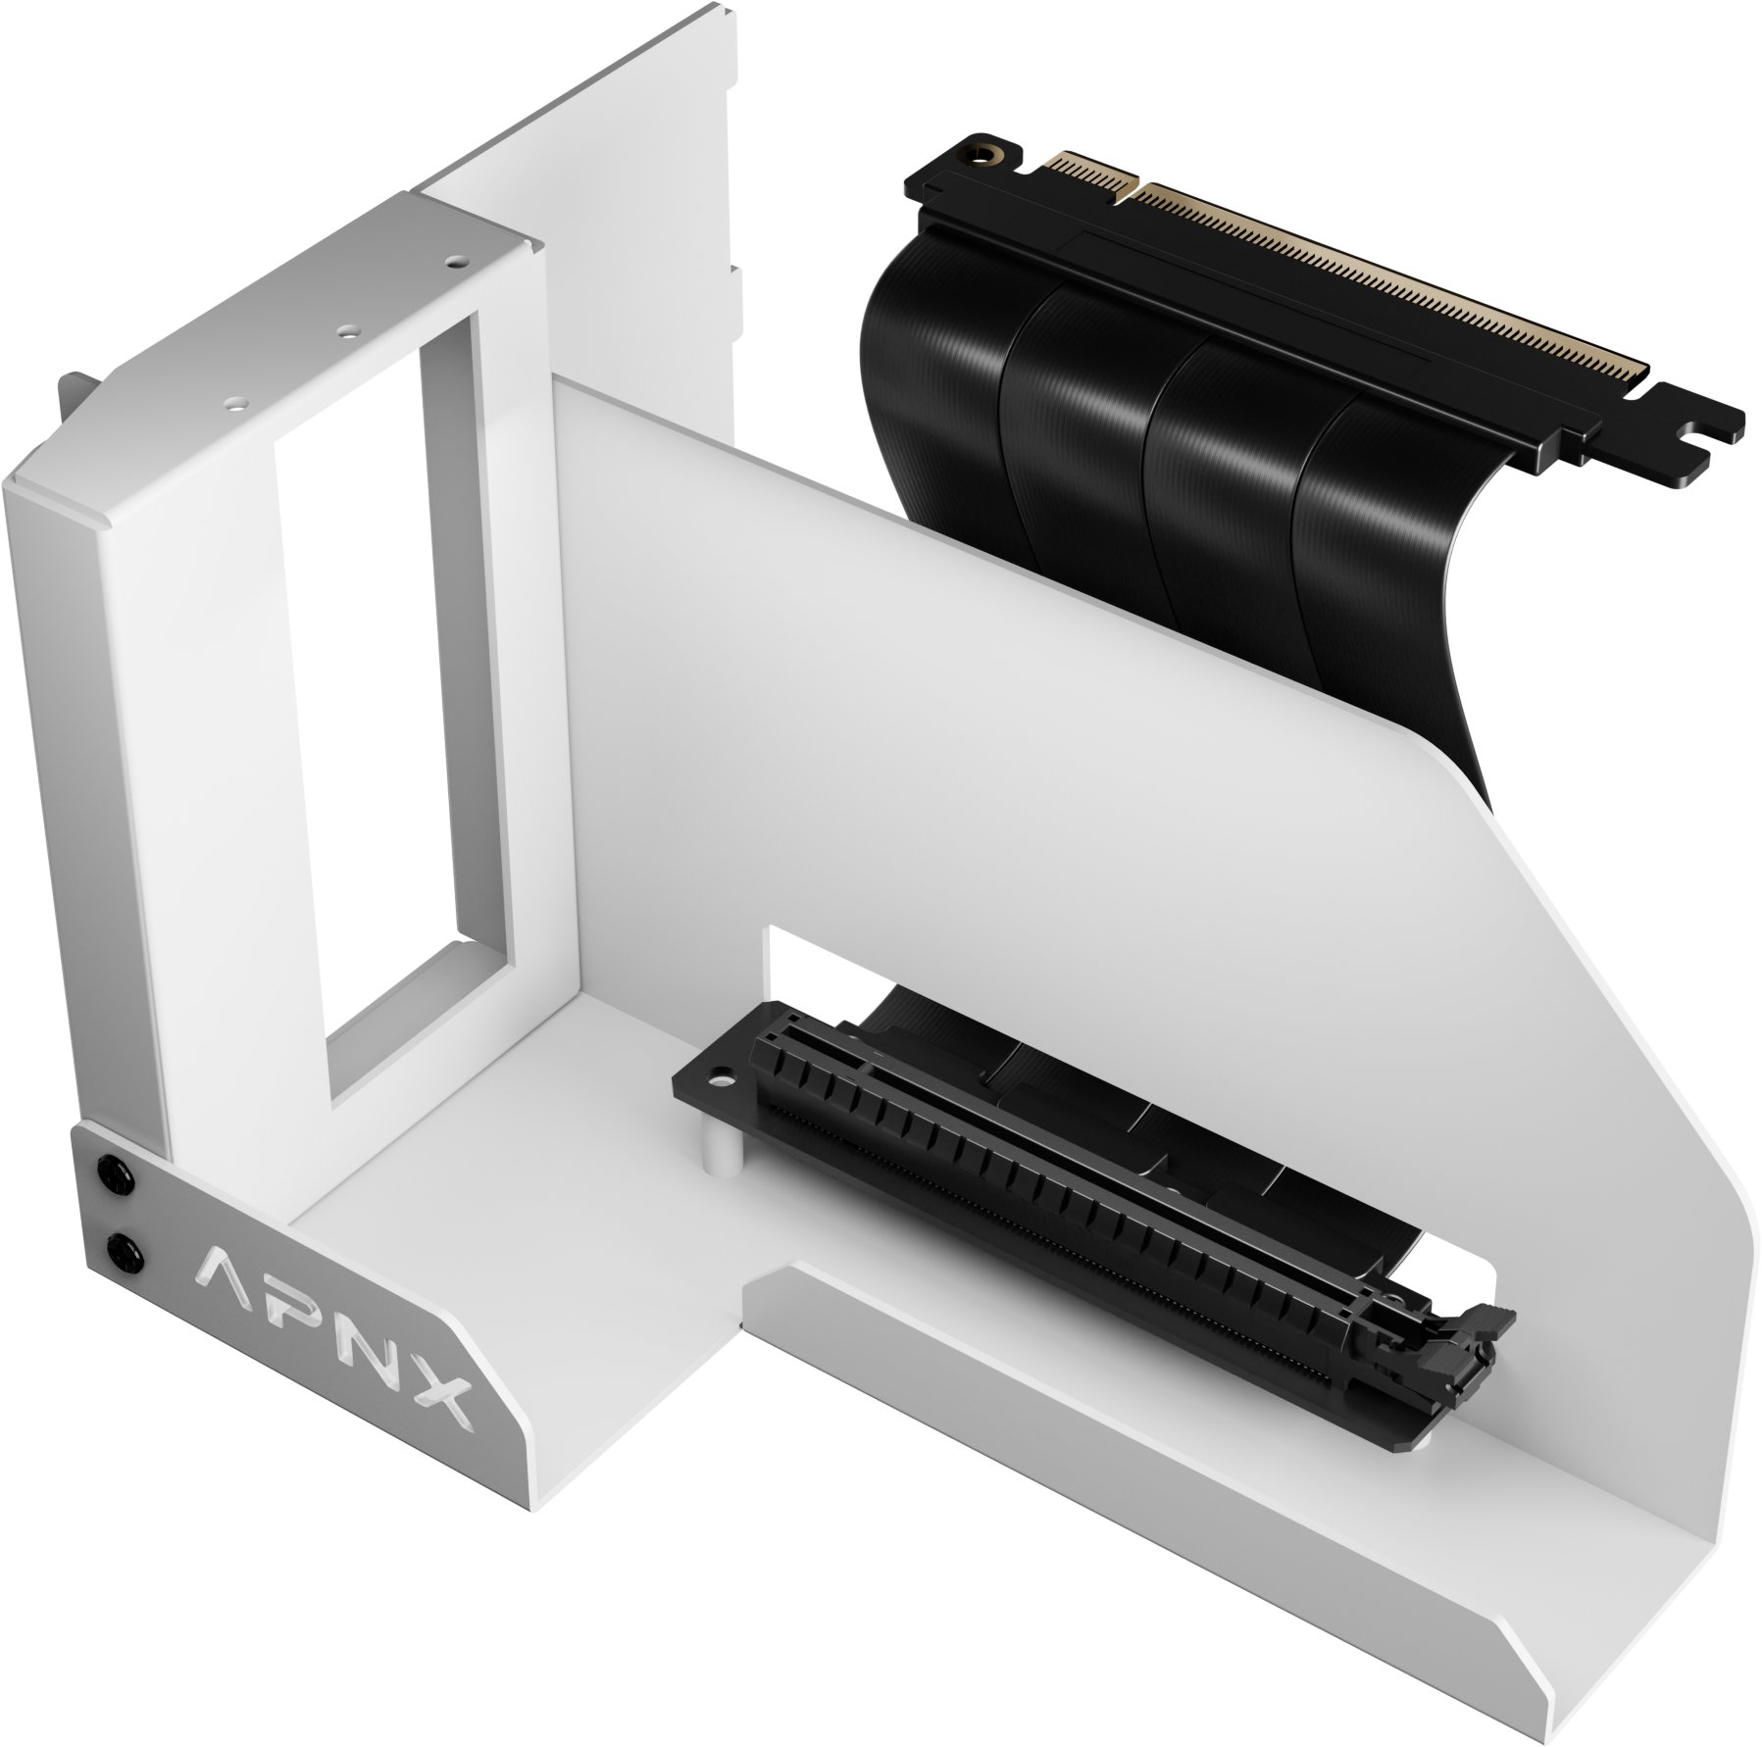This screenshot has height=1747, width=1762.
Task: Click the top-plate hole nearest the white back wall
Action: [x=452, y=262]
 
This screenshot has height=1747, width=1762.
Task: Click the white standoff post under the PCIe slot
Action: [x=721, y=1152]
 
